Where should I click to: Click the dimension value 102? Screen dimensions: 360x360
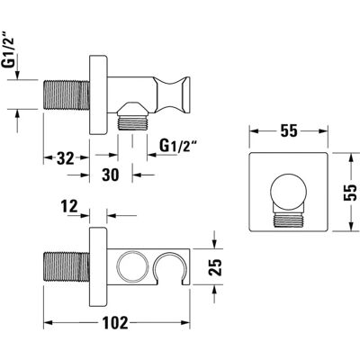click(x=115, y=323)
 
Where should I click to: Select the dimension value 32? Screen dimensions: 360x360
click(x=66, y=157)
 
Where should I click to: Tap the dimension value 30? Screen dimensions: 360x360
click(x=111, y=175)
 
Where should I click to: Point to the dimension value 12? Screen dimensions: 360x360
click(x=69, y=206)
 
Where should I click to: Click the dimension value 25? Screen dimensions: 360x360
click(x=215, y=266)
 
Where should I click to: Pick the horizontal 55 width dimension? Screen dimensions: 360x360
click(x=289, y=130)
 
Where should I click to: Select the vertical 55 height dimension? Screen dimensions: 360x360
click(x=350, y=192)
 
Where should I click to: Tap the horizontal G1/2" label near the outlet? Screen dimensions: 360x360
click(x=178, y=147)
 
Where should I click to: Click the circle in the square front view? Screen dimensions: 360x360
click(x=289, y=191)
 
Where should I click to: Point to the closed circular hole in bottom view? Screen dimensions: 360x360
click(x=132, y=266)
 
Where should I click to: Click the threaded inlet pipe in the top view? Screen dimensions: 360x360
click(x=67, y=94)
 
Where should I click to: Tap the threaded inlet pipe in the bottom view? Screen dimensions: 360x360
click(x=67, y=266)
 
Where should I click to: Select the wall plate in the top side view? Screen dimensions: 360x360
click(x=98, y=94)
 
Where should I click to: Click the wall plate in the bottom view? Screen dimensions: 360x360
click(x=98, y=266)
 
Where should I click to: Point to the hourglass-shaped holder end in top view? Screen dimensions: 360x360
click(x=173, y=95)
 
